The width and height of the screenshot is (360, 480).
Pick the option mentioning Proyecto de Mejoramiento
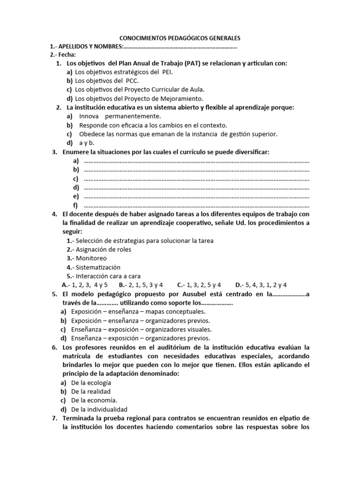coord(139,98)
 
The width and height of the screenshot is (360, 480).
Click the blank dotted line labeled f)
coord(196,205)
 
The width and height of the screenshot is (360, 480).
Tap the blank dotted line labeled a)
coord(196,161)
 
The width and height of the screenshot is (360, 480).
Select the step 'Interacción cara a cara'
coord(108,276)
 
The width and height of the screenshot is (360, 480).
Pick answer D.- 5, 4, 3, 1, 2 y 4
coord(261,285)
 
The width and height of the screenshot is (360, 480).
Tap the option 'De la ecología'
coord(91,382)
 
